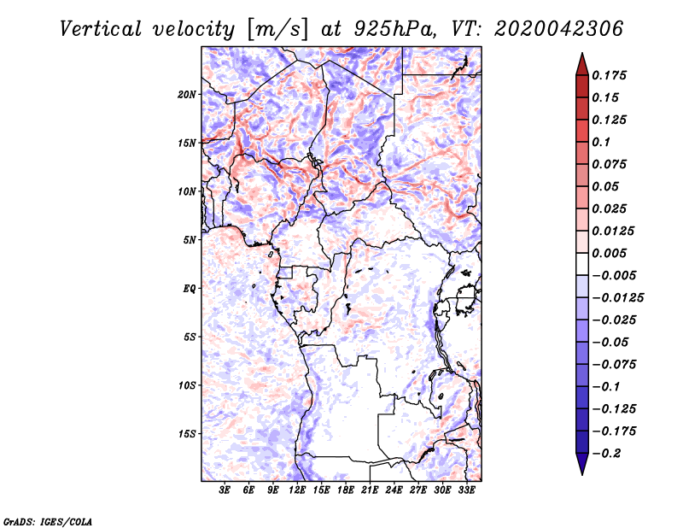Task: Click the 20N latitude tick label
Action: [x=187, y=94]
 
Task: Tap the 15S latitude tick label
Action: [x=187, y=433]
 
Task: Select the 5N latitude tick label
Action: [x=190, y=239]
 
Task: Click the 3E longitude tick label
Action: [x=225, y=490]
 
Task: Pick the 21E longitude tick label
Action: [x=371, y=490]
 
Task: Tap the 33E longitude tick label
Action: [x=467, y=490]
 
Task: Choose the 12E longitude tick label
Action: [x=298, y=490]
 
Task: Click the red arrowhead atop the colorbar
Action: [x=581, y=62]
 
